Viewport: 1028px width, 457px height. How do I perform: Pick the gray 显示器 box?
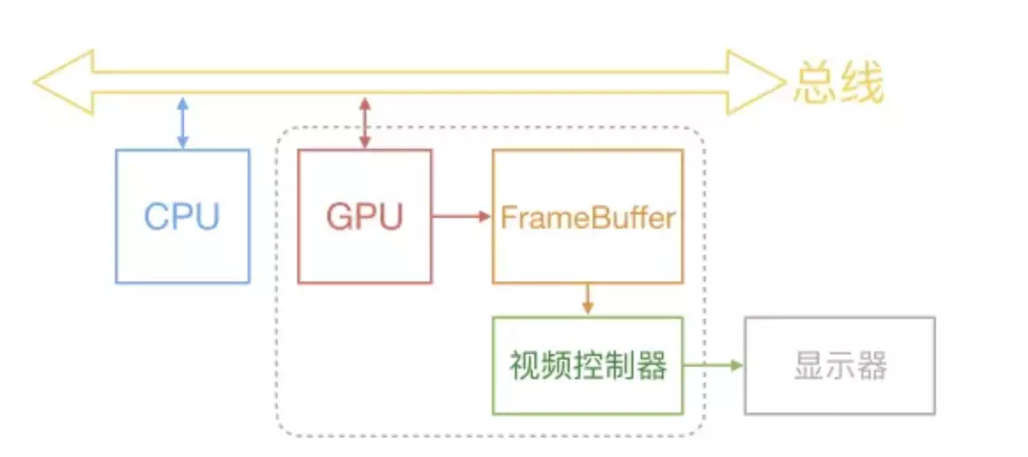(840, 365)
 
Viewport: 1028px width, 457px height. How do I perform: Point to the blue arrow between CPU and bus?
(182, 123)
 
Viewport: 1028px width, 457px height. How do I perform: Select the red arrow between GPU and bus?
(364, 123)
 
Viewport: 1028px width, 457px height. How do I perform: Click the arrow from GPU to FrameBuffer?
(462, 216)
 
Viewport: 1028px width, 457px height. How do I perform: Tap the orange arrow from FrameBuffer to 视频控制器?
(587, 299)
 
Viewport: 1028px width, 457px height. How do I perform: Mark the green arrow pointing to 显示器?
(714, 365)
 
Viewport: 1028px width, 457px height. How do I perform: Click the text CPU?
(182, 216)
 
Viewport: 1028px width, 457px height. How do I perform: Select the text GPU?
(364, 216)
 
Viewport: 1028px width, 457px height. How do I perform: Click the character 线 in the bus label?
(862, 85)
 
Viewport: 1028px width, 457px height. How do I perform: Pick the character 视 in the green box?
(524, 365)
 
